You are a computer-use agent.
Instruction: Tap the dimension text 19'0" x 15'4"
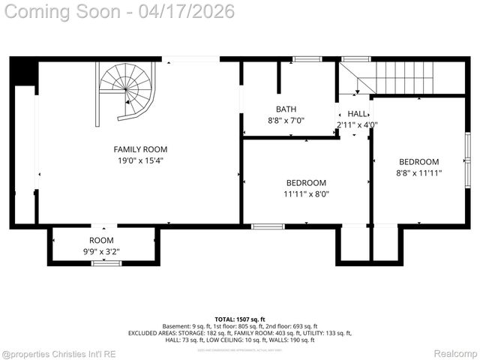[140, 160]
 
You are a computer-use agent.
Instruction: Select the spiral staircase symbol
[127, 90]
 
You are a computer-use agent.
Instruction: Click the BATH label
[286, 109]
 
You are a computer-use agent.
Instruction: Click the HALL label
[357, 114]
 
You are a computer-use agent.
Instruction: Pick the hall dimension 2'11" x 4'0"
[357, 125]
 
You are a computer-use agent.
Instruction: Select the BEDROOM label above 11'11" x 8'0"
[306, 183]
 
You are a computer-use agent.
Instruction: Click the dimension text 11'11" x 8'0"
[306, 194]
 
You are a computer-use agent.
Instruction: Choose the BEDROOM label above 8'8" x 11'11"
[418, 162]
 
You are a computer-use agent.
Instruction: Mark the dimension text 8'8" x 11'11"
[418, 173]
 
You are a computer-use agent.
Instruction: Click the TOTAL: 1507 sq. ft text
[240, 319]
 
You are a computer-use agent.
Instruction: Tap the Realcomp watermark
[455, 353]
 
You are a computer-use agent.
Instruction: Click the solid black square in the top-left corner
[24, 72]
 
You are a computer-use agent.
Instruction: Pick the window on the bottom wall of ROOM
[106, 262]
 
